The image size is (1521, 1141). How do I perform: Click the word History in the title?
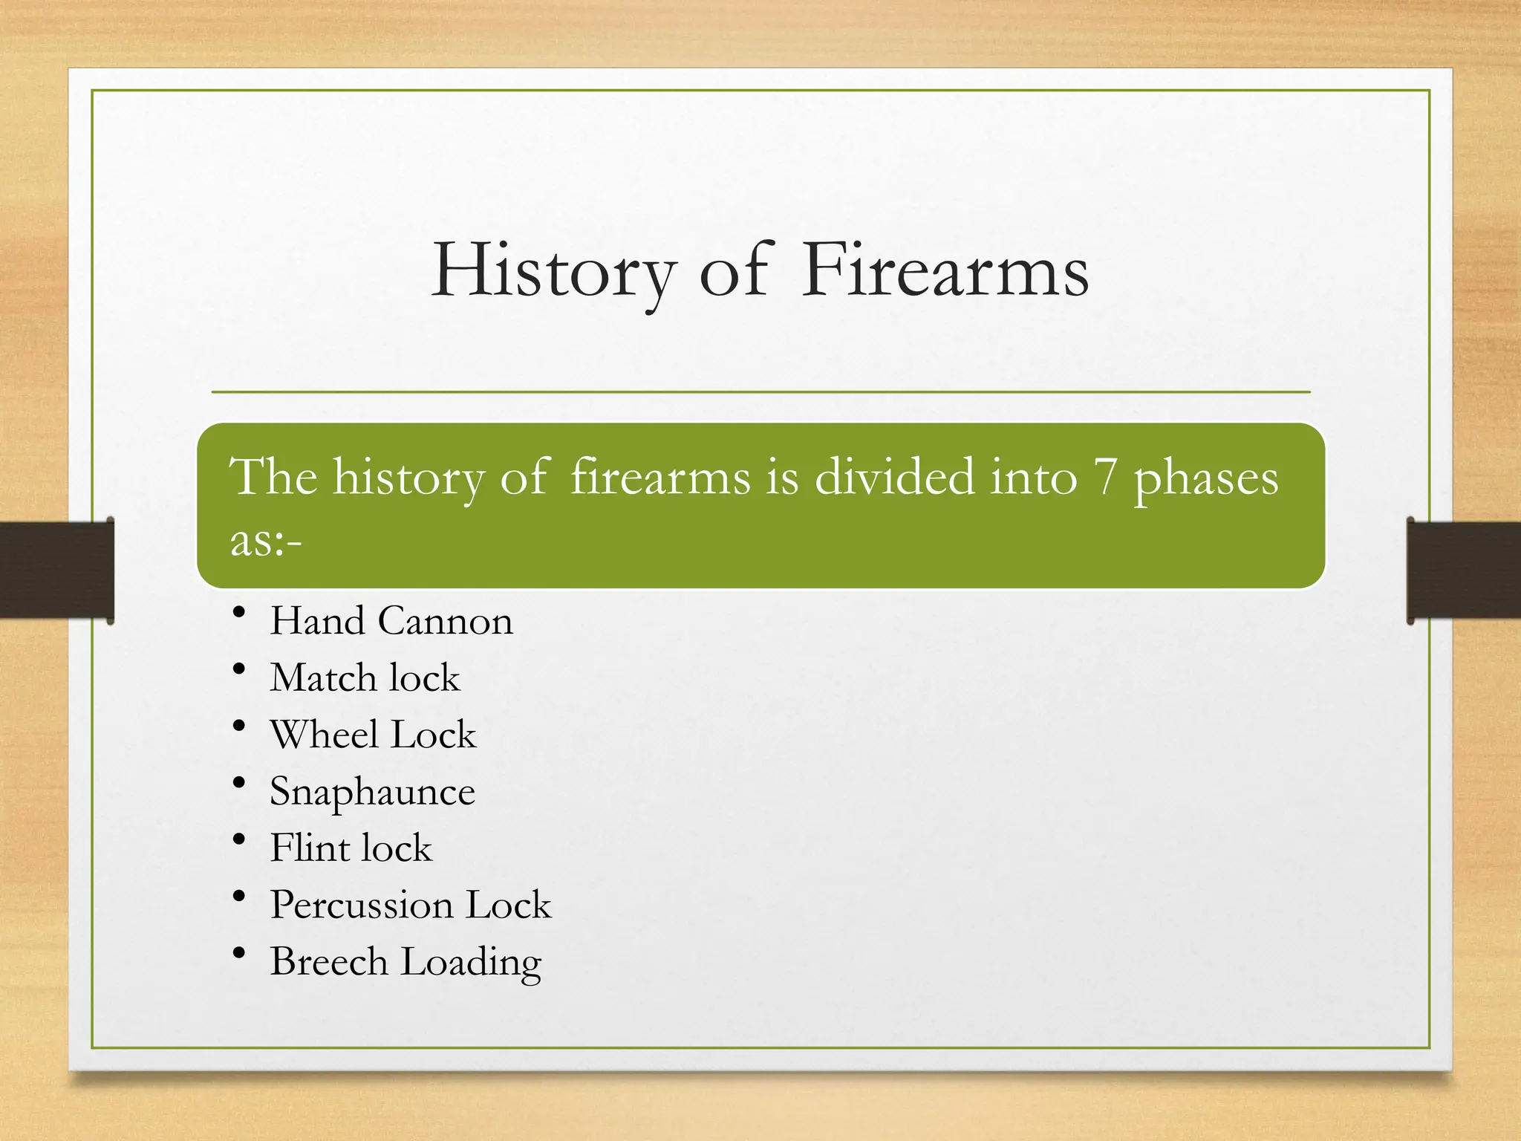[x=553, y=272]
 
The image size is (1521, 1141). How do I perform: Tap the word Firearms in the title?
[x=945, y=272]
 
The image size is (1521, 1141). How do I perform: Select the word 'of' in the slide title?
[x=732, y=272]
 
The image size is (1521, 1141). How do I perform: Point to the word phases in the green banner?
[x=1205, y=479]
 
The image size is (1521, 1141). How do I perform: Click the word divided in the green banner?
[x=894, y=478]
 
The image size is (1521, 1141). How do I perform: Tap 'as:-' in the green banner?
[x=266, y=541]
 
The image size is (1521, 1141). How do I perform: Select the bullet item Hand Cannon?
[x=391, y=621]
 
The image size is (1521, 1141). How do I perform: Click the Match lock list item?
[x=365, y=678]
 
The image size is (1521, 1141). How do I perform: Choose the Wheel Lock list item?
[x=373, y=735]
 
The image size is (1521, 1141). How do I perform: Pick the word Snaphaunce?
[x=372, y=792]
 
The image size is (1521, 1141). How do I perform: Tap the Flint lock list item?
[x=351, y=848]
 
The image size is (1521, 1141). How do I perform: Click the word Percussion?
[x=362, y=906]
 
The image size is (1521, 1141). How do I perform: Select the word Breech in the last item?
[x=329, y=962]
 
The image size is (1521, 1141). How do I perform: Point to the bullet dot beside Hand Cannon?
[x=238, y=612]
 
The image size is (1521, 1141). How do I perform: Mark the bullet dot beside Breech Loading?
[x=238, y=952]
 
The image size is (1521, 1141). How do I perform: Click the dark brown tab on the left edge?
[x=56, y=570]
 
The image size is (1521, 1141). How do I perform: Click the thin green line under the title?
[x=760, y=391]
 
